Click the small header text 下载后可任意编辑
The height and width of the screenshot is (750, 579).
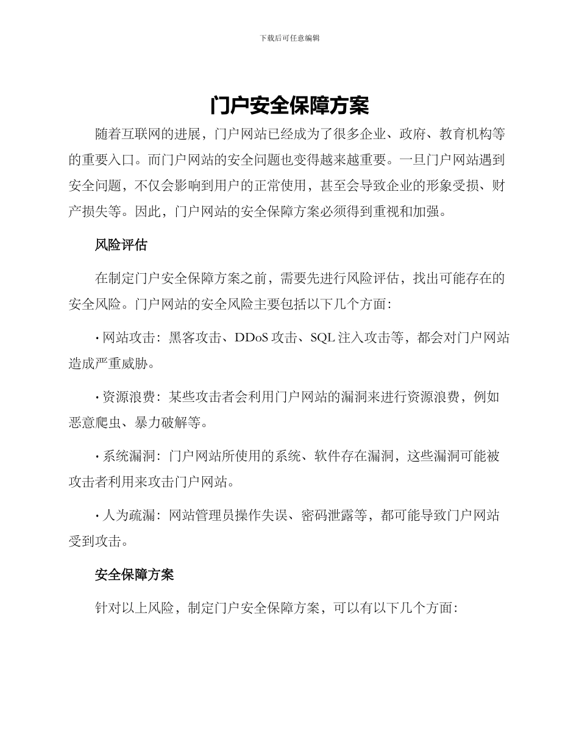289,38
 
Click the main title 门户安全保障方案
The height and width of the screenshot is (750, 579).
289,105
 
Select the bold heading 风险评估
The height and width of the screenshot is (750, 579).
121,245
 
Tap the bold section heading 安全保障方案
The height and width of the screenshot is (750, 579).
135,574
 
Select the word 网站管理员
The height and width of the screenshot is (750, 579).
201,515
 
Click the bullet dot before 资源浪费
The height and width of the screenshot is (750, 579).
98,398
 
